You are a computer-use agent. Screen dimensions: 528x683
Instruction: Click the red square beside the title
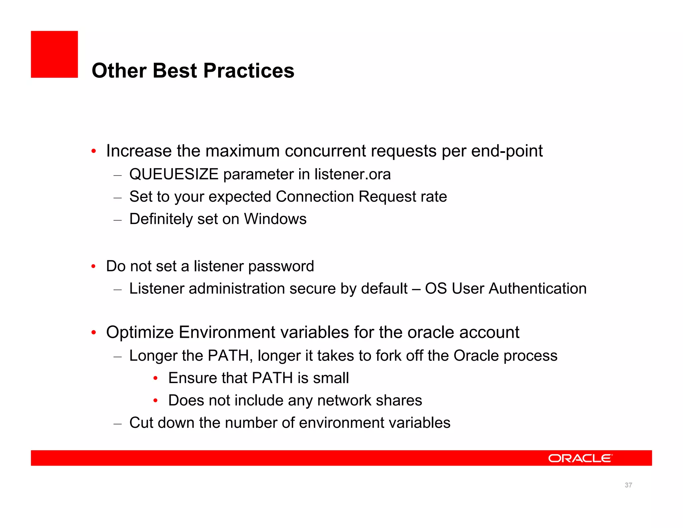(54, 54)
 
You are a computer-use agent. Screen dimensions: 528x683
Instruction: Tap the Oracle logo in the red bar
(580, 458)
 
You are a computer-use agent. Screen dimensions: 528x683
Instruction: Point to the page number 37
(628, 485)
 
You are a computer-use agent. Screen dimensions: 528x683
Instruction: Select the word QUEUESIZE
(174, 174)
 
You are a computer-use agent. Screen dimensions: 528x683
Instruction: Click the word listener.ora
(353, 174)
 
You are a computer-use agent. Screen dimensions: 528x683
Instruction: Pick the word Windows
(275, 219)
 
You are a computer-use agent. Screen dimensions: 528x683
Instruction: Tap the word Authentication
(538, 289)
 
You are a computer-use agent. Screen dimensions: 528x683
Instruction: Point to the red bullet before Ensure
(155, 378)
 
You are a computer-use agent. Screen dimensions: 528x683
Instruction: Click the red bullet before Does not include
(155, 401)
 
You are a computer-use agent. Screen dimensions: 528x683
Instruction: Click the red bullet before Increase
(94, 152)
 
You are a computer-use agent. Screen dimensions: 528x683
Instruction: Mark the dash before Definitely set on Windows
(117, 220)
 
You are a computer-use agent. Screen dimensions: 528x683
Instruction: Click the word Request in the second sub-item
(387, 197)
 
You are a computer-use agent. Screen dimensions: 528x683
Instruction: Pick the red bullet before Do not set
(94, 267)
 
